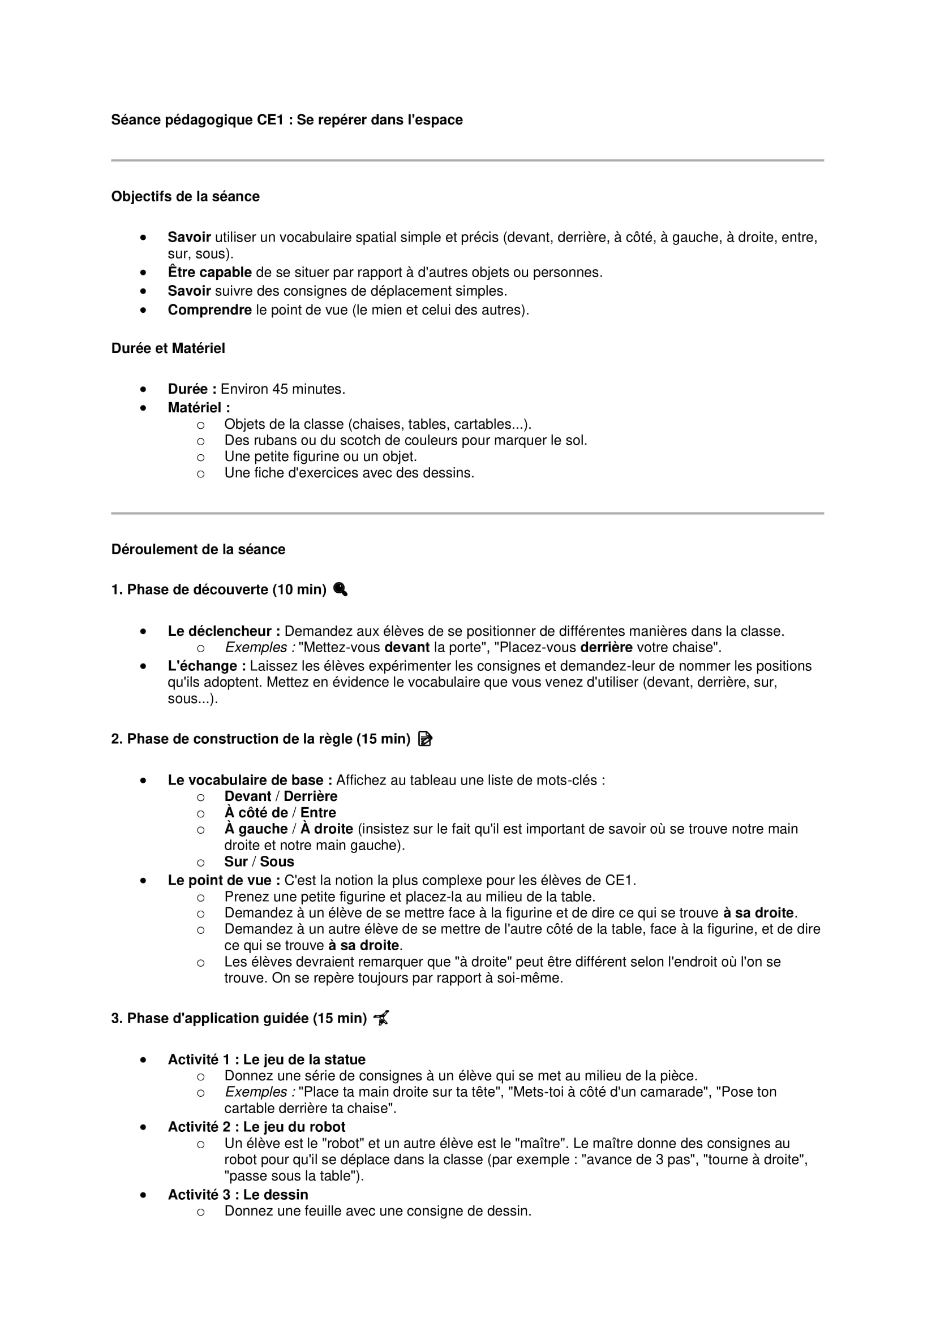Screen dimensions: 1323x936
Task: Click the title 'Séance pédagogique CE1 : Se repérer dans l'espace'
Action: coord(286,120)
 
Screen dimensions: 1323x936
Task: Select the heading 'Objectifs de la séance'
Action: coord(185,196)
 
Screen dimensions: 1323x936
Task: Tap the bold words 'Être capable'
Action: coord(209,272)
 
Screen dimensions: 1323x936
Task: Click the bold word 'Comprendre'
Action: coord(209,310)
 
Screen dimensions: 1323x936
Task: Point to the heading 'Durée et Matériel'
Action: coord(168,348)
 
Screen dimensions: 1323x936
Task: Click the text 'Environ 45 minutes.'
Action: coord(282,389)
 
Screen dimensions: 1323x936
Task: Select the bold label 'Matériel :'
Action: coord(198,407)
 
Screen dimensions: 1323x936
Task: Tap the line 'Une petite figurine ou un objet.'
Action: coord(320,456)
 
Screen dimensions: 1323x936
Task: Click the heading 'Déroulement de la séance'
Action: coord(197,549)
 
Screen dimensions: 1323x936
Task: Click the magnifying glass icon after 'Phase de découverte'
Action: coord(341,589)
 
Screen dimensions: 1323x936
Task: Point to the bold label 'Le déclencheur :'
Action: coord(224,631)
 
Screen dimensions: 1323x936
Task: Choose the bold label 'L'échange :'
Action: coord(207,666)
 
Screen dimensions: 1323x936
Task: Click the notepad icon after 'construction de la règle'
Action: coord(425,739)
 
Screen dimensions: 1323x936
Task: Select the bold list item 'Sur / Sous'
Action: coord(259,861)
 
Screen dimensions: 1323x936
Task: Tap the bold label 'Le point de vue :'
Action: coord(224,880)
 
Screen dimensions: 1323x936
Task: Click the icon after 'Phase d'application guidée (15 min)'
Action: coord(381,1018)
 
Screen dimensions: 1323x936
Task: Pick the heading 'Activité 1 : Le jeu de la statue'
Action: coord(267,1059)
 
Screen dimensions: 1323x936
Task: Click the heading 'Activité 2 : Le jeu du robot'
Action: coord(256,1127)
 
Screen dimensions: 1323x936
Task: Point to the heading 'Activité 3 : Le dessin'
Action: coord(238,1194)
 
